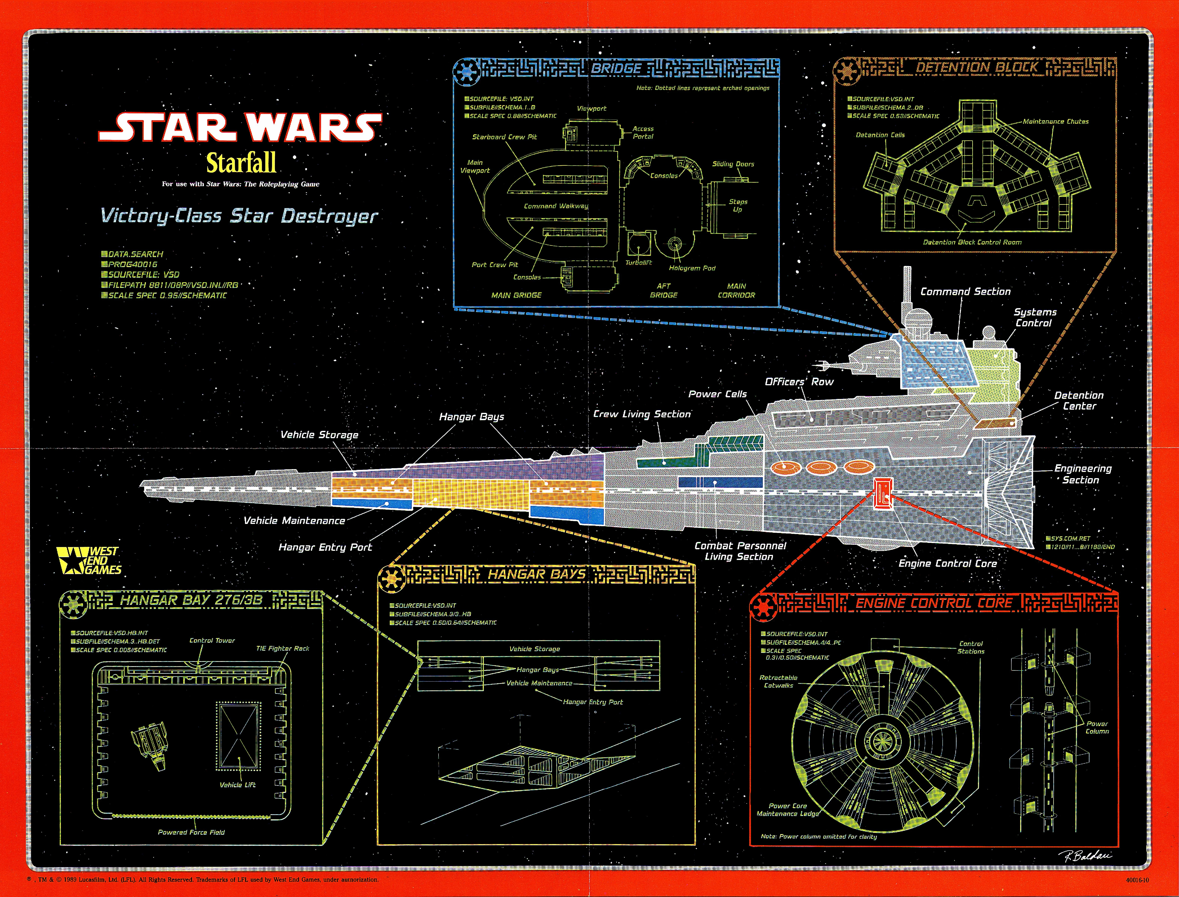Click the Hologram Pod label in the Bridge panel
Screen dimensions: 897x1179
point(692,268)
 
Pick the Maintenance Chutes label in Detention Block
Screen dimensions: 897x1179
point(1055,122)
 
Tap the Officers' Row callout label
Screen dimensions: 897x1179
point(799,382)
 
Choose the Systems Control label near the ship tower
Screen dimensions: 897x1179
point(1035,318)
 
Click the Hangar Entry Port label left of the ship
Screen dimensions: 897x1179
point(325,547)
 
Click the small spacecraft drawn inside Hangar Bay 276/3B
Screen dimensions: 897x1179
point(149,745)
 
